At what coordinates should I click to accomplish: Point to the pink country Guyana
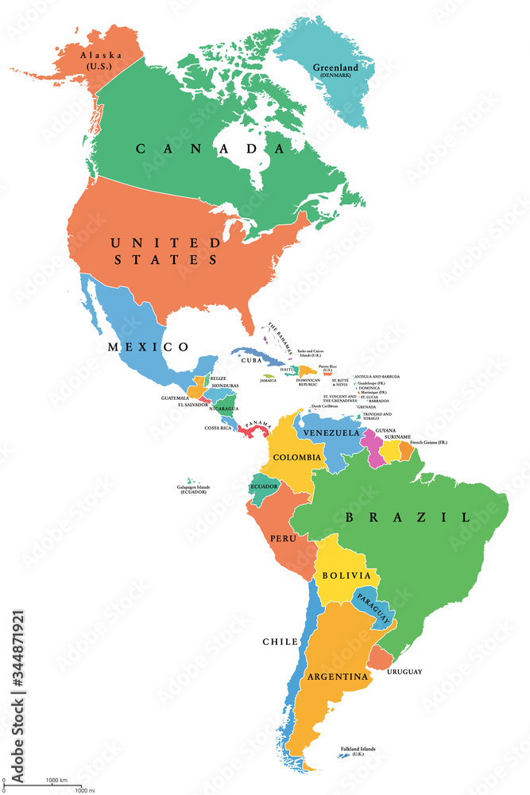370,444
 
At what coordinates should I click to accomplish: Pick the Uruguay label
404,672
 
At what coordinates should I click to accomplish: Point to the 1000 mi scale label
86,789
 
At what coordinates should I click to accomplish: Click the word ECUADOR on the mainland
265,487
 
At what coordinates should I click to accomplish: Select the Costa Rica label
217,428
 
